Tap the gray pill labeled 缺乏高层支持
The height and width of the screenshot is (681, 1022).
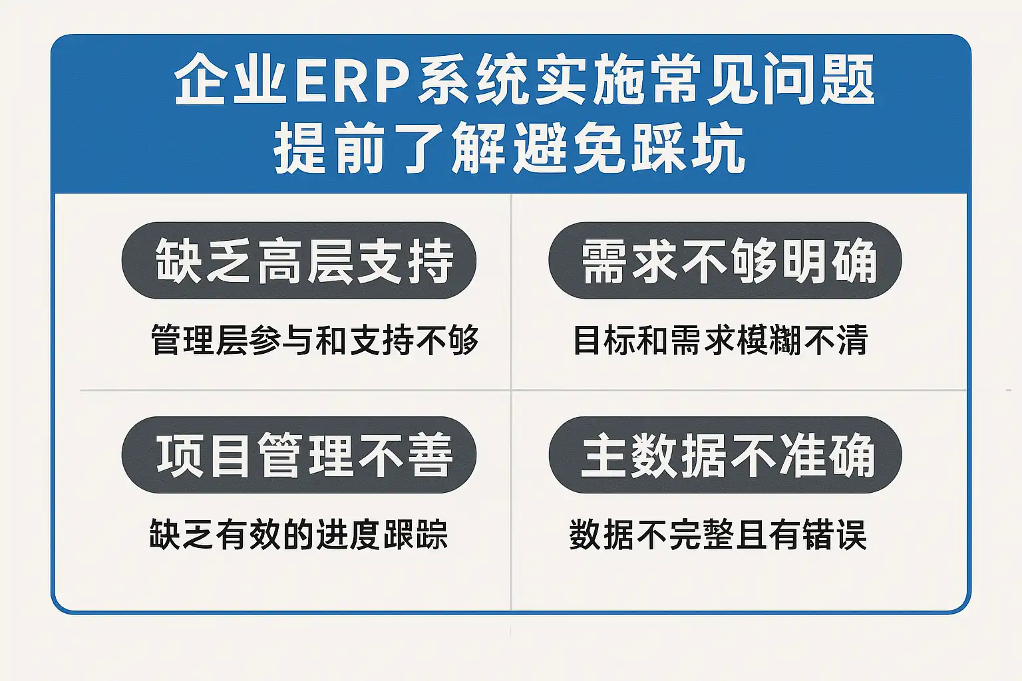point(299,261)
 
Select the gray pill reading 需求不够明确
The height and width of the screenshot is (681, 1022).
point(725,261)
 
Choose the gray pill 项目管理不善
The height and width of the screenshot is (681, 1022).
point(299,455)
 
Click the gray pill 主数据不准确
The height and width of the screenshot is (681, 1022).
point(725,455)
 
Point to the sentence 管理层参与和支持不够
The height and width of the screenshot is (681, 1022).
point(315,340)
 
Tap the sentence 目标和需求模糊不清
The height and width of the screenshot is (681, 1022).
point(721,340)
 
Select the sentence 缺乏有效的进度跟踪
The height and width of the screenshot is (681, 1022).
point(299,534)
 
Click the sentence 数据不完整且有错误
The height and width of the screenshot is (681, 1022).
point(718,534)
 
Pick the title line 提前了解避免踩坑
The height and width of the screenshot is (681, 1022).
point(510,148)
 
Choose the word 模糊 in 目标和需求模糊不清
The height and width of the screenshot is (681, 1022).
point(770,340)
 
